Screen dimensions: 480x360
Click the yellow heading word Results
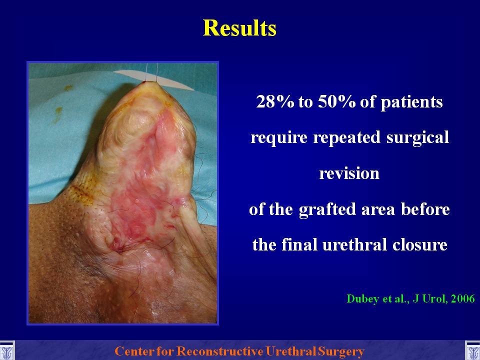(x=239, y=28)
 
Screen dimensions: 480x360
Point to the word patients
(x=411, y=102)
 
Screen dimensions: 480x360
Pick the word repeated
(x=346, y=138)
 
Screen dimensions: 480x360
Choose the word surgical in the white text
(x=418, y=138)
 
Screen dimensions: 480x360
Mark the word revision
(x=349, y=173)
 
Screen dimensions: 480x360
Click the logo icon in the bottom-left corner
(x=6, y=350)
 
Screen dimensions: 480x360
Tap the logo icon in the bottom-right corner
(x=472, y=350)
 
